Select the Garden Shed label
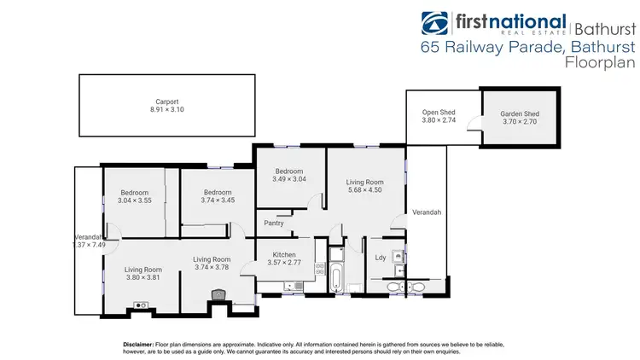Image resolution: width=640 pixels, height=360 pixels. (x=519, y=113)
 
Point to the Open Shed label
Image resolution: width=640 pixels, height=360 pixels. (x=440, y=113)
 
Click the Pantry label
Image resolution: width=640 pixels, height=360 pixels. (x=273, y=224)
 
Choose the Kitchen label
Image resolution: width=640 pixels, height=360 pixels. (x=284, y=255)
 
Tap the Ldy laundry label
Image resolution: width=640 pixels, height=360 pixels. (x=381, y=257)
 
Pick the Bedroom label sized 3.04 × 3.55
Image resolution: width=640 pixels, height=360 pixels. (x=134, y=192)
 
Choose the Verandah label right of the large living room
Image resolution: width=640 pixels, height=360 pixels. (x=426, y=212)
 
